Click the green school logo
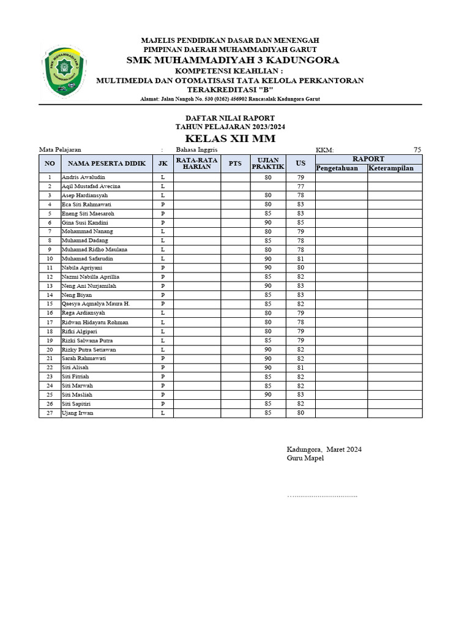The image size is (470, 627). (x=64, y=69)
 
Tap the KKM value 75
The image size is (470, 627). (x=417, y=150)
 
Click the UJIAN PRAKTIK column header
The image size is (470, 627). (x=268, y=163)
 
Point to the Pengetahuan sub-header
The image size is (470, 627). (x=341, y=168)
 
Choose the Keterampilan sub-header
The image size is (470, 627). (x=391, y=168)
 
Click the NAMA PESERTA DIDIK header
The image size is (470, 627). (x=106, y=163)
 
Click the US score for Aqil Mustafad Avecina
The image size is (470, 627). (x=300, y=186)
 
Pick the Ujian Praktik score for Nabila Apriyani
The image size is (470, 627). (x=268, y=268)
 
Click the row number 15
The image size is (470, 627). (x=50, y=304)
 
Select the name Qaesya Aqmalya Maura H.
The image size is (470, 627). (x=95, y=304)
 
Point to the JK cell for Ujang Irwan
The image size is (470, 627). (x=163, y=413)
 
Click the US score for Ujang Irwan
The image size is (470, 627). (x=300, y=413)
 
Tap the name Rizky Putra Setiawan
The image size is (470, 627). (x=89, y=350)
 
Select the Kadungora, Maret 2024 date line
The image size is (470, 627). (x=324, y=449)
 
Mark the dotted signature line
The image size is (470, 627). (x=323, y=495)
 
